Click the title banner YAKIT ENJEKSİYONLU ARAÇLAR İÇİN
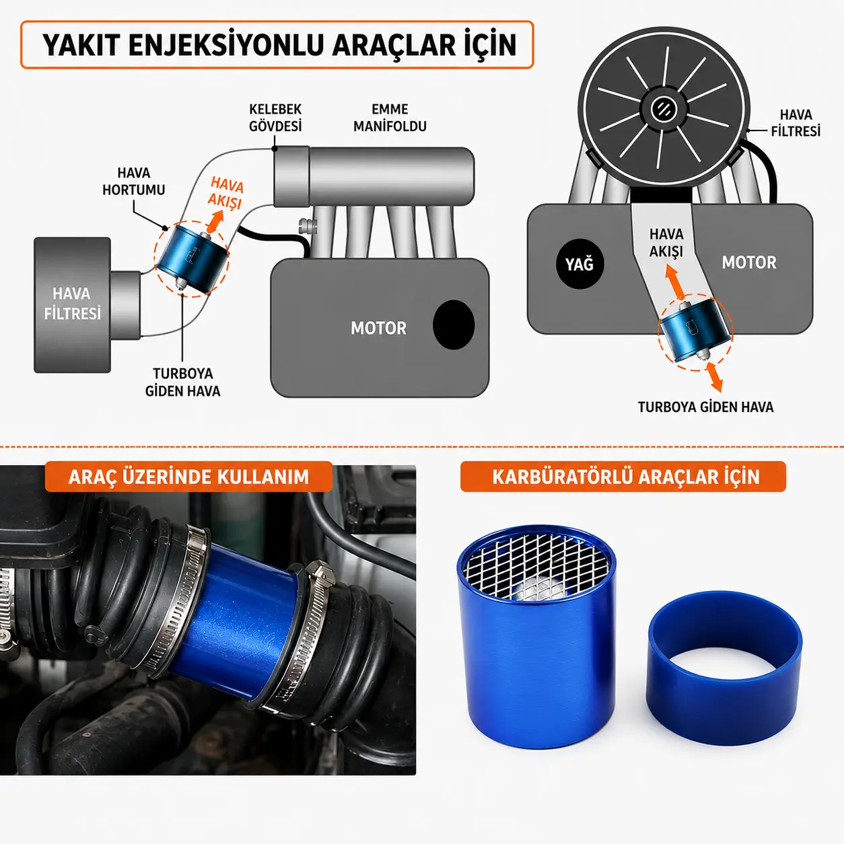tap(277, 44)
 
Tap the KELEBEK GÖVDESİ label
tap(275, 117)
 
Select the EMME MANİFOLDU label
tap(390, 117)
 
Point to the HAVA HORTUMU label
tap(133, 181)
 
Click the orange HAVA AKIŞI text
tap(225, 192)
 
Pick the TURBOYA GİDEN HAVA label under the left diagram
tap(182, 382)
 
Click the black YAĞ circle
tap(580, 264)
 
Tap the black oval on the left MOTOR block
tap(454, 324)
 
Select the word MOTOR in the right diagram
tap(749, 262)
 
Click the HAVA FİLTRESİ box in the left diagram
tap(72, 305)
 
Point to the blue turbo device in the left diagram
tap(192, 258)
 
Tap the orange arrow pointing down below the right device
tap(714, 376)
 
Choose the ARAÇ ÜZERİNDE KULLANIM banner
tap(188, 477)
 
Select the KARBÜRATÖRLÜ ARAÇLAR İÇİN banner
tap(623, 477)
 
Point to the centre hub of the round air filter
tap(663, 108)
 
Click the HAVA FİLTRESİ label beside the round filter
tap(796, 123)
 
